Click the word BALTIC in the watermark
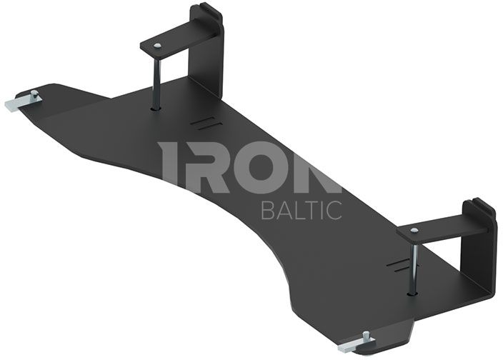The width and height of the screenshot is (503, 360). (x=302, y=210)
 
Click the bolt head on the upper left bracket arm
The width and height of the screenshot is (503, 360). (x=157, y=46)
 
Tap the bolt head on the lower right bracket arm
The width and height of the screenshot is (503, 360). (x=414, y=230)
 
